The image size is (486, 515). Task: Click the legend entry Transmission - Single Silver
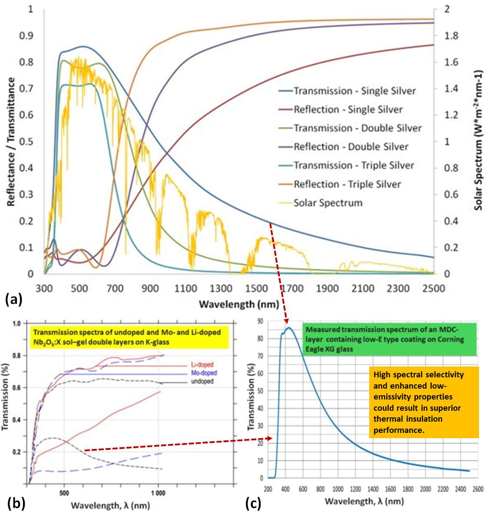pyautogui.click(x=354, y=91)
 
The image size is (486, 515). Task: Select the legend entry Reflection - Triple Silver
pyautogui.click(x=347, y=184)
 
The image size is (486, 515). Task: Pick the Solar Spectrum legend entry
pyautogui.click(x=328, y=203)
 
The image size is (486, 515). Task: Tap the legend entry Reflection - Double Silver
pyautogui.click(x=351, y=147)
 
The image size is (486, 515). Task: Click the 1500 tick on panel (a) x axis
pyautogui.click(x=256, y=288)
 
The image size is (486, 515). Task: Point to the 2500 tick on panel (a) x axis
pyautogui.click(x=433, y=288)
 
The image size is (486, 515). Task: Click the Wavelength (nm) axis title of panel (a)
pyautogui.click(x=238, y=304)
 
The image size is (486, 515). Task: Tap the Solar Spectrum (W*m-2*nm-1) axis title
pyautogui.click(x=478, y=140)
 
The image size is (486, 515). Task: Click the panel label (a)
pyautogui.click(x=13, y=299)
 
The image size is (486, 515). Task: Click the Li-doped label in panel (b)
pyautogui.click(x=202, y=365)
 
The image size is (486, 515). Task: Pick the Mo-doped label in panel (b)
pyautogui.click(x=204, y=373)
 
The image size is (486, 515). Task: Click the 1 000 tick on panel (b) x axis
pyautogui.click(x=158, y=493)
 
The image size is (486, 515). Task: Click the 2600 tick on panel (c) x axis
pyautogui.click(x=478, y=489)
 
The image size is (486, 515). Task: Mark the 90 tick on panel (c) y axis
pyautogui.click(x=260, y=321)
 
